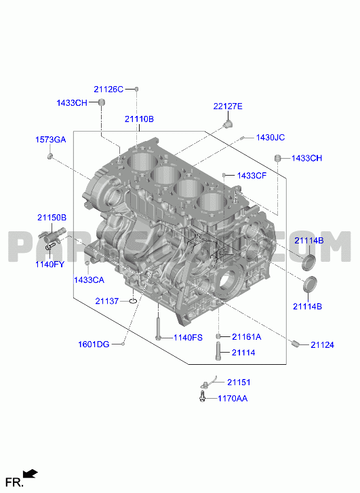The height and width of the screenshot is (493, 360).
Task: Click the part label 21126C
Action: pyautogui.click(x=108, y=90)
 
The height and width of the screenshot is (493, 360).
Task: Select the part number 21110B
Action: pyautogui.click(x=139, y=119)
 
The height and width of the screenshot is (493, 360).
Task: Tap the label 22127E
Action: pyautogui.click(x=228, y=106)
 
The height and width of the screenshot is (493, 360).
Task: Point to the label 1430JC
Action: pyautogui.click(x=271, y=138)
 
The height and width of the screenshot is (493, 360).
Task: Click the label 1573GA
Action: pyautogui.click(x=51, y=140)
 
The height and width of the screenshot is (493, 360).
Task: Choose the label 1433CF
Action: pyautogui.click(x=252, y=176)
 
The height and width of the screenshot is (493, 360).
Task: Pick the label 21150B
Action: pyautogui.click(x=52, y=217)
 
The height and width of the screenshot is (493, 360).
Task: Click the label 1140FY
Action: pyautogui.click(x=49, y=264)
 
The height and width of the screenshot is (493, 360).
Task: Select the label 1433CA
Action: pyautogui.click(x=89, y=280)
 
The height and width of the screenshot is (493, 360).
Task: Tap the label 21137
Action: pyautogui.click(x=107, y=301)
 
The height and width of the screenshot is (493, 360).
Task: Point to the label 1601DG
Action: pyautogui.click(x=94, y=344)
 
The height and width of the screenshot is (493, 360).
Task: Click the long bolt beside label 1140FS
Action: pyautogui.click(x=158, y=329)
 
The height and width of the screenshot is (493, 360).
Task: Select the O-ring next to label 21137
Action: pyautogui.click(x=133, y=301)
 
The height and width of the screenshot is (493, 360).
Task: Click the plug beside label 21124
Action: pyautogui.click(x=295, y=344)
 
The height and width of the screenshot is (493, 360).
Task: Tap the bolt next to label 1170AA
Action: pyautogui.click(x=202, y=396)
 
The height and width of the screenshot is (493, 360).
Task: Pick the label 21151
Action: pyautogui.click(x=239, y=382)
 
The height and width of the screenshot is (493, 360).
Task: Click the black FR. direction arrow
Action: pyautogui.click(x=31, y=474)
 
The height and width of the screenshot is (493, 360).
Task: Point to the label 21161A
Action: pyautogui.click(x=247, y=337)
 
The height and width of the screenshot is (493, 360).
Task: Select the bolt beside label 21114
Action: pyautogui.click(x=218, y=351)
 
